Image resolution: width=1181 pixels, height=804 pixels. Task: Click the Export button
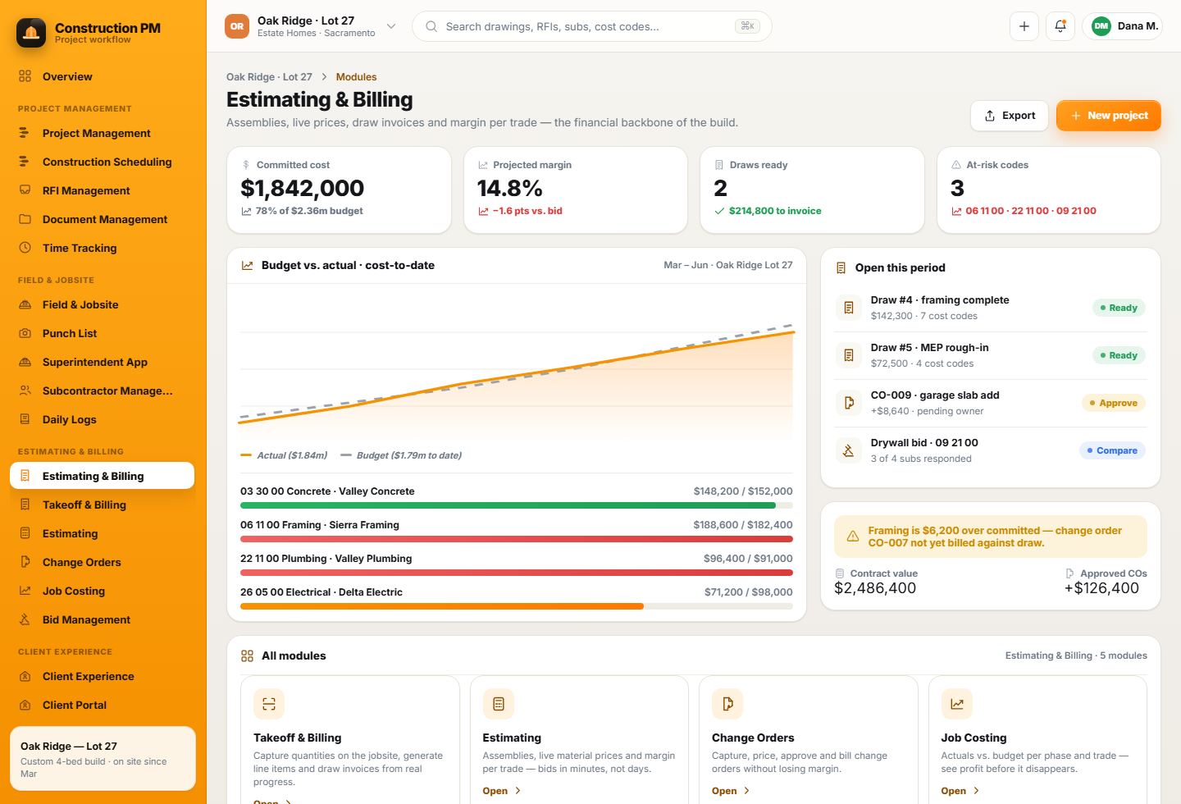coord(1009,116)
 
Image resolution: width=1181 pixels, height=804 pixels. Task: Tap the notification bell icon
coord(1060,26)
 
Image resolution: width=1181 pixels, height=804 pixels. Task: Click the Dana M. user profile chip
coord(1123,26)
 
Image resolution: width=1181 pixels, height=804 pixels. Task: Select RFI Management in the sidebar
coord(86,190)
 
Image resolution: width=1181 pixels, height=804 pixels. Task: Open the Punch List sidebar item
coord(70,333)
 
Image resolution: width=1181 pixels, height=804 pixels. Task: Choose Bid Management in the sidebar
coord(86,619)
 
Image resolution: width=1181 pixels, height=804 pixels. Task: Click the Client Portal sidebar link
coord(75,705)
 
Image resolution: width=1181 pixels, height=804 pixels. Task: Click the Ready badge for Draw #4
coord(1119,308)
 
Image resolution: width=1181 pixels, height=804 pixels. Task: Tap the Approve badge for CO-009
coord(1114,403)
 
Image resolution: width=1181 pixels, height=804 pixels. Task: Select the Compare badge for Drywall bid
coord(1112,450)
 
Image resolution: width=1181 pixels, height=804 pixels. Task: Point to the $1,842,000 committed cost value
coord(302,189)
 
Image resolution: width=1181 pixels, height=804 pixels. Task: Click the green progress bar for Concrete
coord(508,505)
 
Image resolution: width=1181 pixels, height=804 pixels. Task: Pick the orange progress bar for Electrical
coord(442,606)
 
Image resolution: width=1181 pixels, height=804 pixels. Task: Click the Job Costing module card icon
coord(956,703)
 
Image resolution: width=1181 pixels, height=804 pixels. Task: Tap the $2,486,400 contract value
coord(874,588)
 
